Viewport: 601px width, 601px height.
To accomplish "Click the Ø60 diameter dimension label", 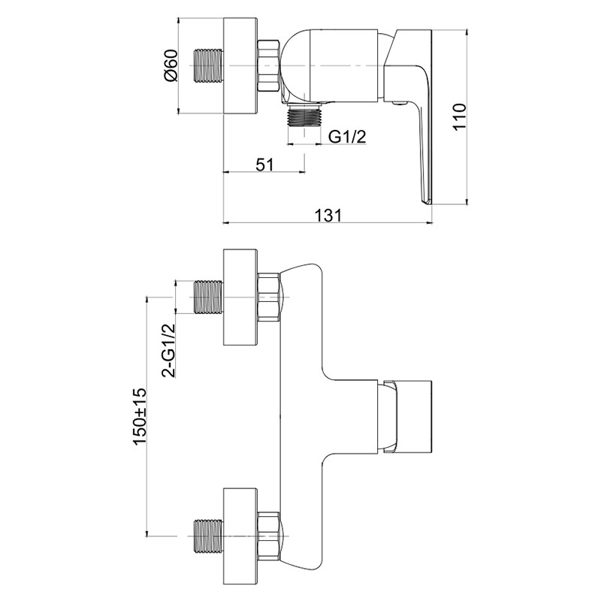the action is click(x=171, y=65).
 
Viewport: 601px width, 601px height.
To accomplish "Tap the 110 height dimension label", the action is click(x=459, y=117).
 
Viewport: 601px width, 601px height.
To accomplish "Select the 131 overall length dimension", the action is click(x=328, y=215).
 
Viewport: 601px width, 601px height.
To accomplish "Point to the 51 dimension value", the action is click(x=265, y=165).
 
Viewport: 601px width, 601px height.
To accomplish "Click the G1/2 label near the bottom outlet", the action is click(x=347, y=136).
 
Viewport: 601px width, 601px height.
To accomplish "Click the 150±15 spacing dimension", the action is click(x=140, y=417).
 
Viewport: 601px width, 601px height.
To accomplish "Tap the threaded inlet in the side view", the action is click(x=210, y=66).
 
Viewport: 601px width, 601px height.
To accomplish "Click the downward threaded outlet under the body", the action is click(x=304, y=115).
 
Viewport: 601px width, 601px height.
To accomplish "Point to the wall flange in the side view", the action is click(x=240, y=65).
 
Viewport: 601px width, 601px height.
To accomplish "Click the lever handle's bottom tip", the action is click(x=425, y=203).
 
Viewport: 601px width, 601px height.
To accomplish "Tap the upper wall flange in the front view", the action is click(x=240, y=297).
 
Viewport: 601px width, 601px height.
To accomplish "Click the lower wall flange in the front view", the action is click(x=240, y=536).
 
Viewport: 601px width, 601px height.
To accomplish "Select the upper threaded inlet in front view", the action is click(x=210, y=297).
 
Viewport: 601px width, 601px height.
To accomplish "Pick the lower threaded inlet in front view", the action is click(x=210, y=536).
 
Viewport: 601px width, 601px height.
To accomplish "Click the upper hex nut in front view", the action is click(x=270, y=297).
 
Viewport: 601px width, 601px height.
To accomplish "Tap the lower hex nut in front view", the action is click(x=270, y=536).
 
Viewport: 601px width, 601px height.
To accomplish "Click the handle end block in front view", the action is click(x=409, y=416).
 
